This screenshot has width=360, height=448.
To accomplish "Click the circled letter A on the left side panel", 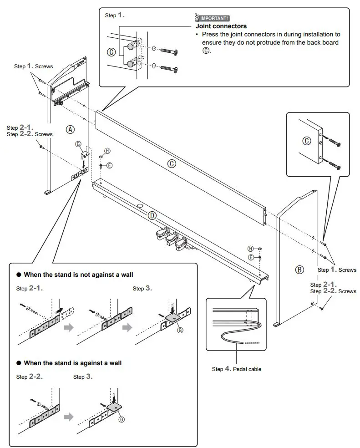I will click(70, 129).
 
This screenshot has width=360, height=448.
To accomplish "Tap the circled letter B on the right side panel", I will click(299, 270).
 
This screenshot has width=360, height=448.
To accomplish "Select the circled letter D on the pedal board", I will click(152, 215).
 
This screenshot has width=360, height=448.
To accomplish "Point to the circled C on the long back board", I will click(172, 164).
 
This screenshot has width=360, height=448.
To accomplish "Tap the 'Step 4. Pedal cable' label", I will click(236, 369).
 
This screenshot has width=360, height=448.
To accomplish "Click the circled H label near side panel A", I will click(107, 151).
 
